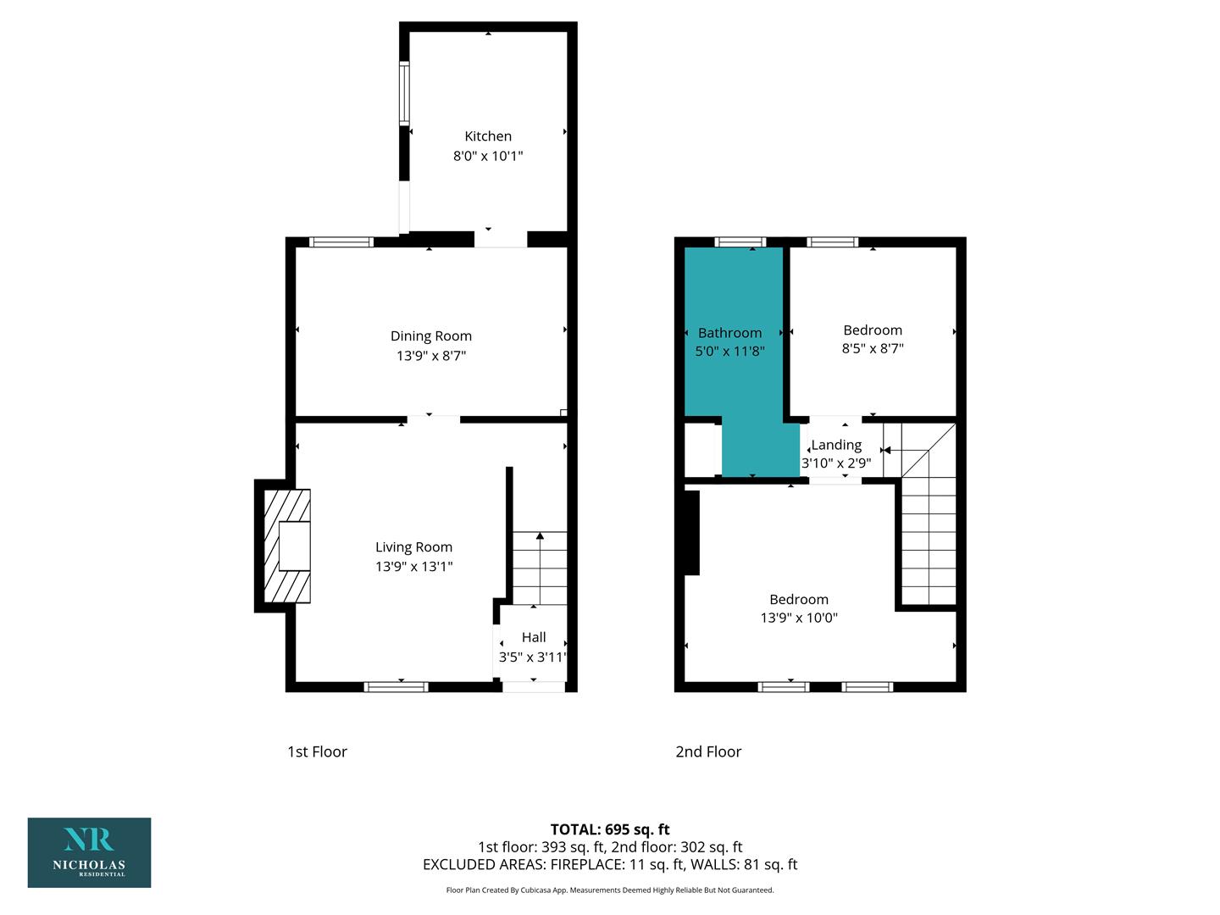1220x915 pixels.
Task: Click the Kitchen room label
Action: pos(487,136)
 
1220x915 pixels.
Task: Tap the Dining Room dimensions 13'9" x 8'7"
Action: pos(430,356)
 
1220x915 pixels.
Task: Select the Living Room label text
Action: pos(413,547)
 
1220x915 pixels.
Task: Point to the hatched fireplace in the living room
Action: pos(287,546)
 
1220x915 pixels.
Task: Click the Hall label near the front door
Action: pos(534,637)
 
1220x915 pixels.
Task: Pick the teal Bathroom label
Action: pos(729,333)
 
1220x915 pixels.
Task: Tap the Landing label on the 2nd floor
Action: pos(836,445)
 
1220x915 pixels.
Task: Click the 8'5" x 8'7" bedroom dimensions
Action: pos(873,348)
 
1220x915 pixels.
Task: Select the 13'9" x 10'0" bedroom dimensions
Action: pos(799,618)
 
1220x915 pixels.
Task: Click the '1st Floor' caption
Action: pos(317,751)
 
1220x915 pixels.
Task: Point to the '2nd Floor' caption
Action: pos(708,751)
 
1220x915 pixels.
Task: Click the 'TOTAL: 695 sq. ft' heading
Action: pos(610,829)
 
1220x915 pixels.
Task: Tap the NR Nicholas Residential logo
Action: pos(90,852)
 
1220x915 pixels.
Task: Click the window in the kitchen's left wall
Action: pos(404,93)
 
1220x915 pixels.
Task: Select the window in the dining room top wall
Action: pos(341,241)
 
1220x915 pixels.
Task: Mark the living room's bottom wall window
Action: pos(396,686)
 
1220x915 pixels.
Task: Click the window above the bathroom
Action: pos(740,241)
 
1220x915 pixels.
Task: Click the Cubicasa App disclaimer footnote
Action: pos(610,890)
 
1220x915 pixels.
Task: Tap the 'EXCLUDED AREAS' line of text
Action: pos(610,864)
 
